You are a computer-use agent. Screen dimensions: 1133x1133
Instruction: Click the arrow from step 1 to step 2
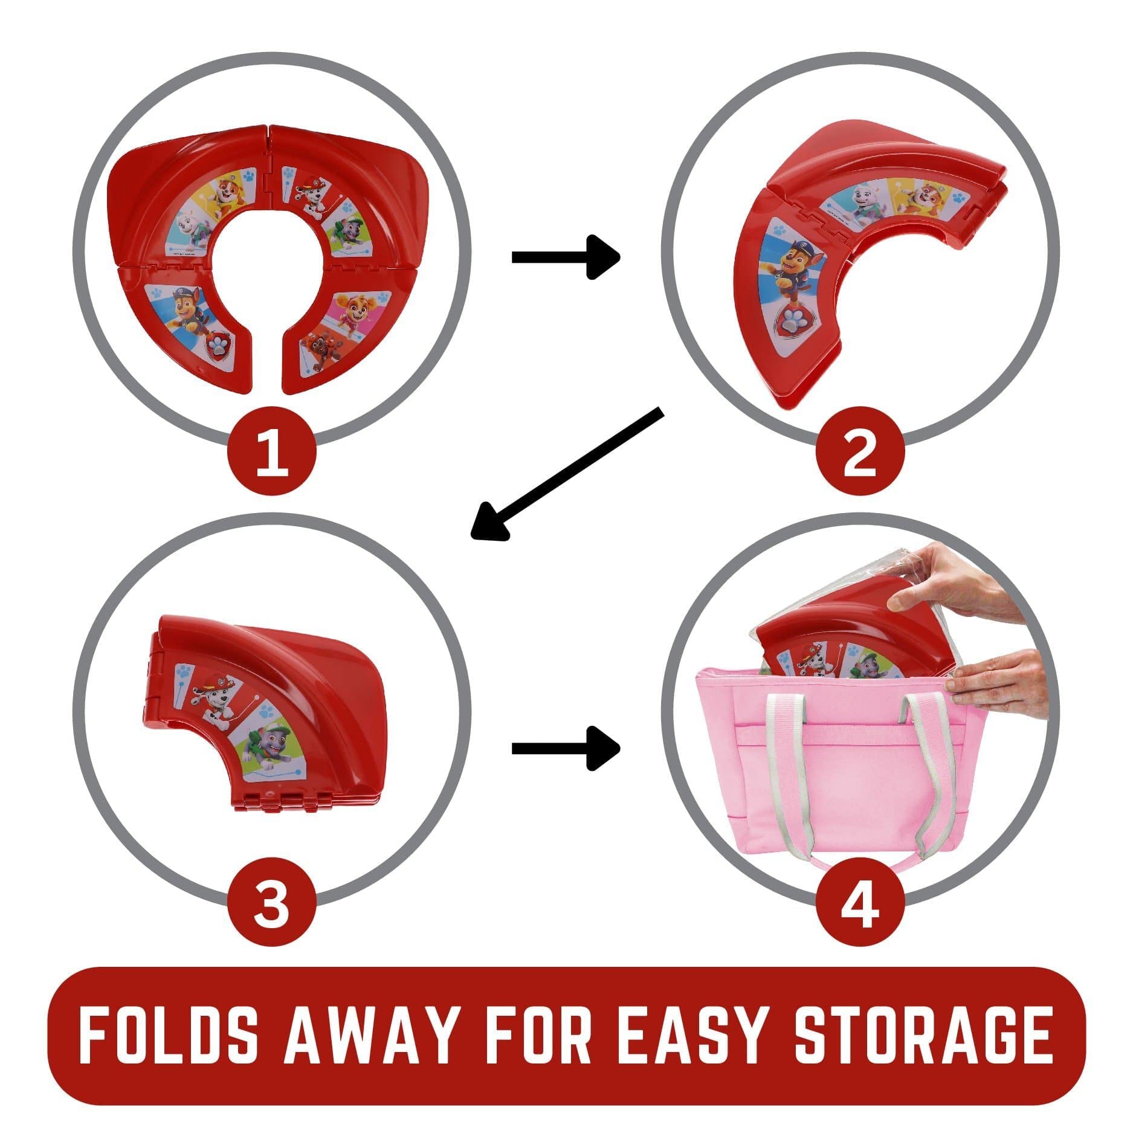coord(566,257)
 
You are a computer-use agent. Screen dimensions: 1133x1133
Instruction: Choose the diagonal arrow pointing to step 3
coord(567,473)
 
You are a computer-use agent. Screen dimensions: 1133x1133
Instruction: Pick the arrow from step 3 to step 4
coord(566,749)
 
